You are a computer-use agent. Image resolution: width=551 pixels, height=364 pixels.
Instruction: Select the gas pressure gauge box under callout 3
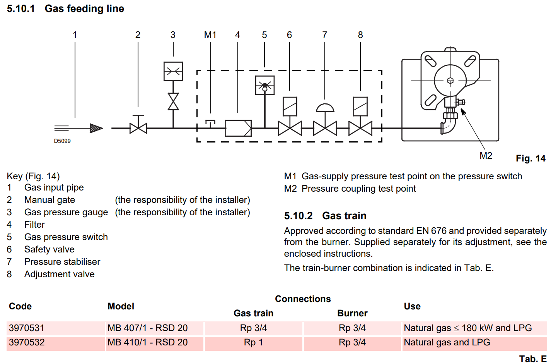tap(173, 71)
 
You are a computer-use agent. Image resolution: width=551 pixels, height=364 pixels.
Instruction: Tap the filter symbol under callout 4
tap(238, 128)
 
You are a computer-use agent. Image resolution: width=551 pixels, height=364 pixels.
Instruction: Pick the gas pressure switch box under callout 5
tap(265, 85)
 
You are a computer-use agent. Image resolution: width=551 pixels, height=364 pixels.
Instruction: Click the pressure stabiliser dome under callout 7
tap(325, 108)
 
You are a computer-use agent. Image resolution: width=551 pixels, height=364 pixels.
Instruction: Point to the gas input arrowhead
tap(96, 128)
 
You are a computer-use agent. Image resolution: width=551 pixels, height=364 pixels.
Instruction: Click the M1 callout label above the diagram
tap(210, 35)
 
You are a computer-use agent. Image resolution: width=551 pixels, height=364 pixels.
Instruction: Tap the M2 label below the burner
tap(486, 156)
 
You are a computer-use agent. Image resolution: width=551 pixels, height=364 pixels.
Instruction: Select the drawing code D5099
tap(62, 141)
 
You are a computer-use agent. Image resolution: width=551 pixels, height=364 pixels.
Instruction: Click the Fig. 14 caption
tap(531, 158)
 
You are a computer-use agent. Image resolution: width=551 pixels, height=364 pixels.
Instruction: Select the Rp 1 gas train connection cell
tap(253, 343)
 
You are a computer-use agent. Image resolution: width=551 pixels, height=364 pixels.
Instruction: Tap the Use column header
tap(412, 306)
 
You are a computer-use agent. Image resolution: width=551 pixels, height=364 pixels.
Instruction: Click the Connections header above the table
tap(303, 299)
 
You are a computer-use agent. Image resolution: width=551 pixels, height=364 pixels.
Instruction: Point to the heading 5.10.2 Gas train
tap(325, 216)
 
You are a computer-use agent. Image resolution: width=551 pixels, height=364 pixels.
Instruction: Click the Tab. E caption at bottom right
tap(533, 359)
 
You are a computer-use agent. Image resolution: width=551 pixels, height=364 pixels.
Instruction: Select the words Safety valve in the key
tap(49, 249)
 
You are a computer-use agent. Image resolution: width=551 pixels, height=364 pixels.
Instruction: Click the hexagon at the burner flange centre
tap(450, 81)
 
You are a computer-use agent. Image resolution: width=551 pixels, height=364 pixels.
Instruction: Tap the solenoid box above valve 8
tap(360, 106)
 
